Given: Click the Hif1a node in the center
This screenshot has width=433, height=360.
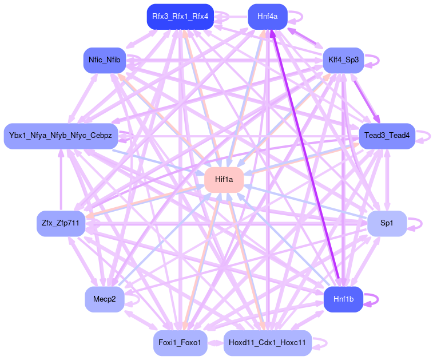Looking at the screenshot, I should (224, 180).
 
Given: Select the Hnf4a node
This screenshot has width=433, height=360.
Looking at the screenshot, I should (267, 17).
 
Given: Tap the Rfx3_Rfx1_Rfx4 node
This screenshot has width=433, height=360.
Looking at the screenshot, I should (180, 17).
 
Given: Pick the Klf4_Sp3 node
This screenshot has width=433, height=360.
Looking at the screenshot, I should (343, 60).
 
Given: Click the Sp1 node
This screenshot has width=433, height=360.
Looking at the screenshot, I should (387, 223).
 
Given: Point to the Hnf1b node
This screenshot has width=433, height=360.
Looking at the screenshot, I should (343, 299).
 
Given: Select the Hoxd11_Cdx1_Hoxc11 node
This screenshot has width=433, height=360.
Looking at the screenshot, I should (267, 343).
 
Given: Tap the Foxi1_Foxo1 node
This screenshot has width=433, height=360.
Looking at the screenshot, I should (180, 343).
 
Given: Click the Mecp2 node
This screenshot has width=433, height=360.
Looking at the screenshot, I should (105, 299).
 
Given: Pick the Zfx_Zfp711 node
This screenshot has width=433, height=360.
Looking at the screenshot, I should (61, 223).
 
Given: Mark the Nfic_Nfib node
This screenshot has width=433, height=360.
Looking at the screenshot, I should (105, 60).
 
